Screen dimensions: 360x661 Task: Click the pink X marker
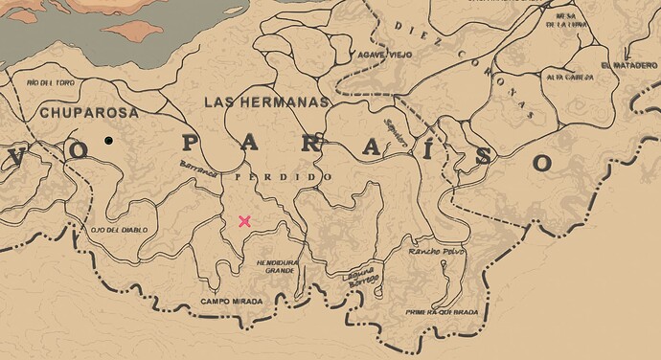click(245, 221)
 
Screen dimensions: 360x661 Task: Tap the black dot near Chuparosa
click(109, 141)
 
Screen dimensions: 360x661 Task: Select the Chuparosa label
click(89, 113)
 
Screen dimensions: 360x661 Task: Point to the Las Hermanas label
click(266, 101)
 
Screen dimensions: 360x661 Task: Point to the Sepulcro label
click(395, 133)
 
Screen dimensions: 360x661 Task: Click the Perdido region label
click(284, 178)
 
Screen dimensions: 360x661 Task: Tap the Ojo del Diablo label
click(116, 230)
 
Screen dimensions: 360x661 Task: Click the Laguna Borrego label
click(362, 278)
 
